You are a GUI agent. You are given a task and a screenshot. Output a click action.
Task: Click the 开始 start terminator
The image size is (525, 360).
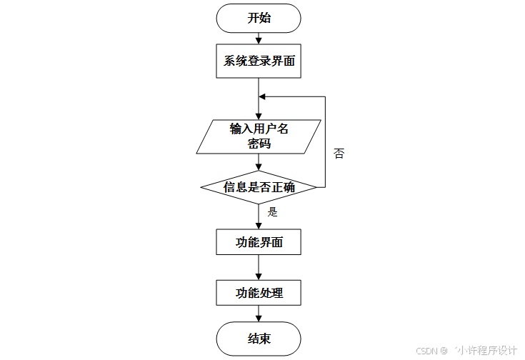click(259, 19)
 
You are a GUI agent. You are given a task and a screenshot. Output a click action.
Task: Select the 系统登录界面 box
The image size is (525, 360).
click(259, 61)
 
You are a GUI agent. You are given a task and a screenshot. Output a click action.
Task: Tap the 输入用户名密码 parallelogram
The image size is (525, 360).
click(259, 136)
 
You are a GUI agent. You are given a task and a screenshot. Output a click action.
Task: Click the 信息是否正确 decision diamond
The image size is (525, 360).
click(259, 187)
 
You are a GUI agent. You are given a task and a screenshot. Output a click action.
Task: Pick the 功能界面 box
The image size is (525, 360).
click(259, 242)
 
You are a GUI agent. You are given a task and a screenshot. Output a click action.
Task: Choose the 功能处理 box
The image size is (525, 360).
click(259, 293)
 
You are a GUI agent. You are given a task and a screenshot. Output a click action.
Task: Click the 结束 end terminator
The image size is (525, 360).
click(259, 338)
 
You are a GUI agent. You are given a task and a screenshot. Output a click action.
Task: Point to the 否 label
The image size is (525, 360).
click(339, 154)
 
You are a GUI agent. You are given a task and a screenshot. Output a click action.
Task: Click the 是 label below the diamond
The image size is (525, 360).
click(272, 212)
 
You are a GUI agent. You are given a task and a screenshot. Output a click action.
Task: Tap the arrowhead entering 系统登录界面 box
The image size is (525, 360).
click(259, 41)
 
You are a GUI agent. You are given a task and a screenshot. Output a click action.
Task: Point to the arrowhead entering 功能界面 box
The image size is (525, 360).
click(259, 225)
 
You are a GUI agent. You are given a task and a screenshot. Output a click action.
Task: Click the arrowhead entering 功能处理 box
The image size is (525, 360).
click(259, 276)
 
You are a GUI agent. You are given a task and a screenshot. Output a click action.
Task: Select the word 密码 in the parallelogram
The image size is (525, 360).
click(259, 143)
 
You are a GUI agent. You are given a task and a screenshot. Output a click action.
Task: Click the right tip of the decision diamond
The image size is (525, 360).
click(316, 187)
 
